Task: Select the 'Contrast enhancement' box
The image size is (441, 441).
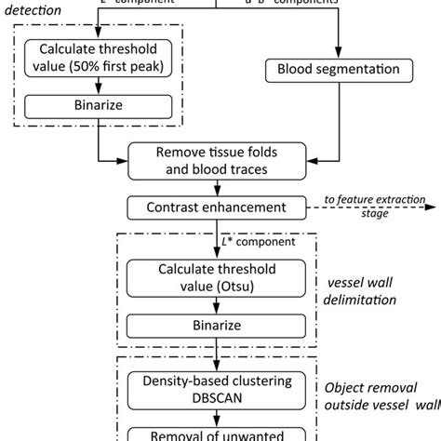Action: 216,207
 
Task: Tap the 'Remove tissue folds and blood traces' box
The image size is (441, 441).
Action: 216,161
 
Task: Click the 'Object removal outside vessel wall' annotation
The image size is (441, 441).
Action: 378,395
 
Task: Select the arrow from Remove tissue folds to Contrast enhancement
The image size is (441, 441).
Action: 216,186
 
